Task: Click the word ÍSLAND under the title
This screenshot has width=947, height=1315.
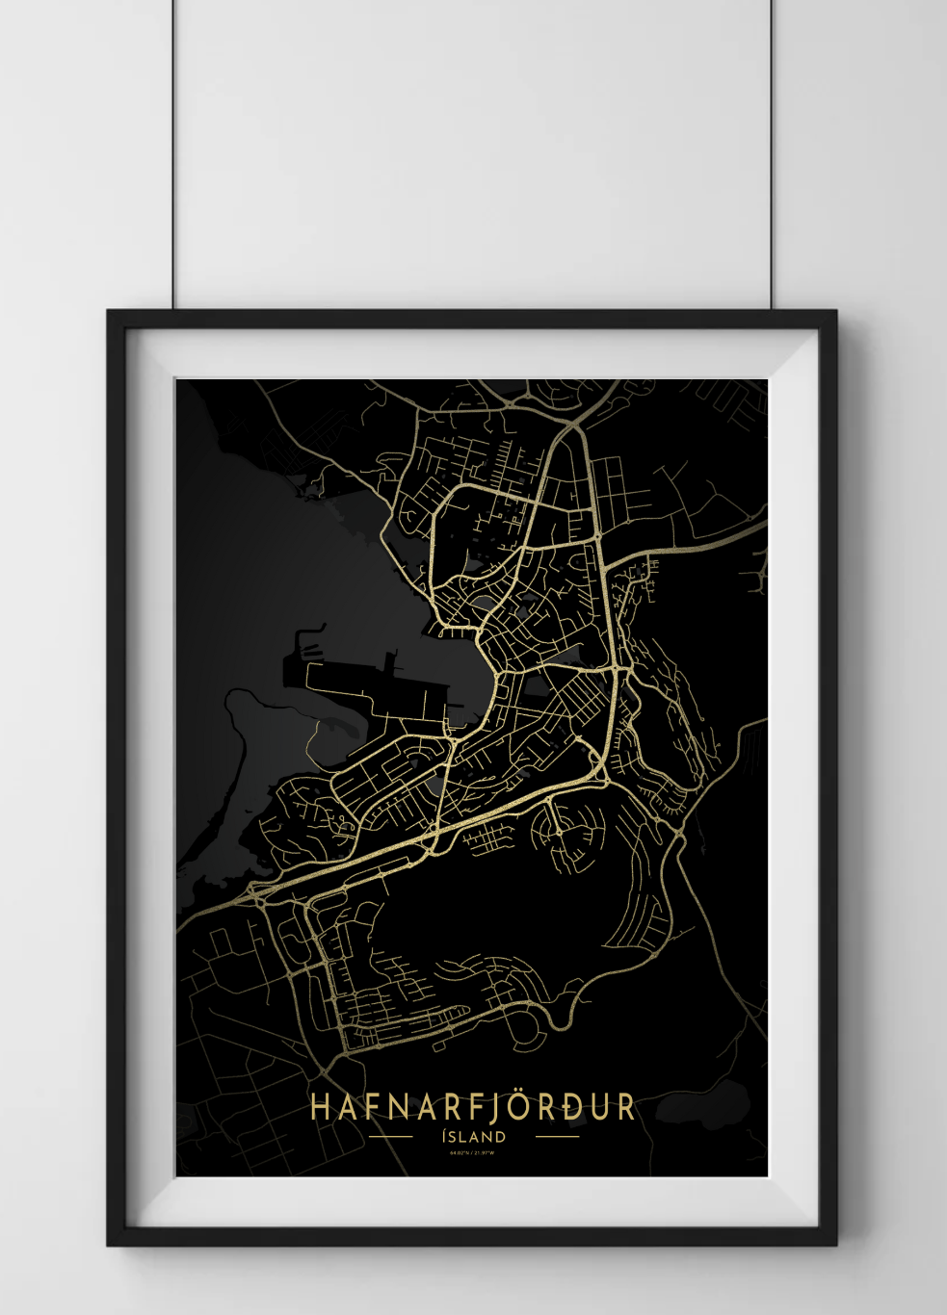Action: point(473,1137)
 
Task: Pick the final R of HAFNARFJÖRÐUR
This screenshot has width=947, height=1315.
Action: point(626,1107)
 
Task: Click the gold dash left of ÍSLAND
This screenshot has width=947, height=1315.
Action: point(391,1137)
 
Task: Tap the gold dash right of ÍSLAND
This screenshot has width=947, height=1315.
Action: point(557,1137)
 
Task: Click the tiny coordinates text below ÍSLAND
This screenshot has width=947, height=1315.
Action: point(472,1153)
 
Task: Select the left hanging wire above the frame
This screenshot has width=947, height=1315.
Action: point(173,154)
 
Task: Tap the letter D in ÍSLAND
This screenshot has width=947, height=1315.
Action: point(500,1137)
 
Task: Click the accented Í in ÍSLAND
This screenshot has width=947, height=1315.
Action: point(444,1136)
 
